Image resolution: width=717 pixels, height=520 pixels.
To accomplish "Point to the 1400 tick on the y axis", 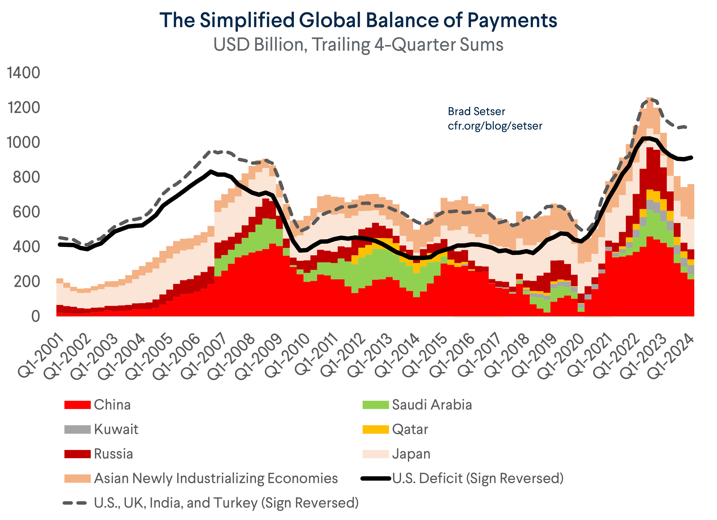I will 24,73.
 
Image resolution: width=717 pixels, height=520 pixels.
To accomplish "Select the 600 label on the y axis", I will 26,212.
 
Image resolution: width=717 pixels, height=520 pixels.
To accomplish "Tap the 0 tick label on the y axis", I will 35,316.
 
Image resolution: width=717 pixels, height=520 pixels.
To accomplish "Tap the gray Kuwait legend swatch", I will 77,429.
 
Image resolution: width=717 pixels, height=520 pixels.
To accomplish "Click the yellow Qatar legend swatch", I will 375,429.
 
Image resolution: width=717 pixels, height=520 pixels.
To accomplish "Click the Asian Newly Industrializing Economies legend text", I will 216,478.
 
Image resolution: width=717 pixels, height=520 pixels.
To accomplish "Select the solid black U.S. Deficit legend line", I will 375,479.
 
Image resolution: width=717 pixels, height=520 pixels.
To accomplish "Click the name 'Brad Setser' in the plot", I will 476,111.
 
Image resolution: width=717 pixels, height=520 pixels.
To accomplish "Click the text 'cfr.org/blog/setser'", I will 495,126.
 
